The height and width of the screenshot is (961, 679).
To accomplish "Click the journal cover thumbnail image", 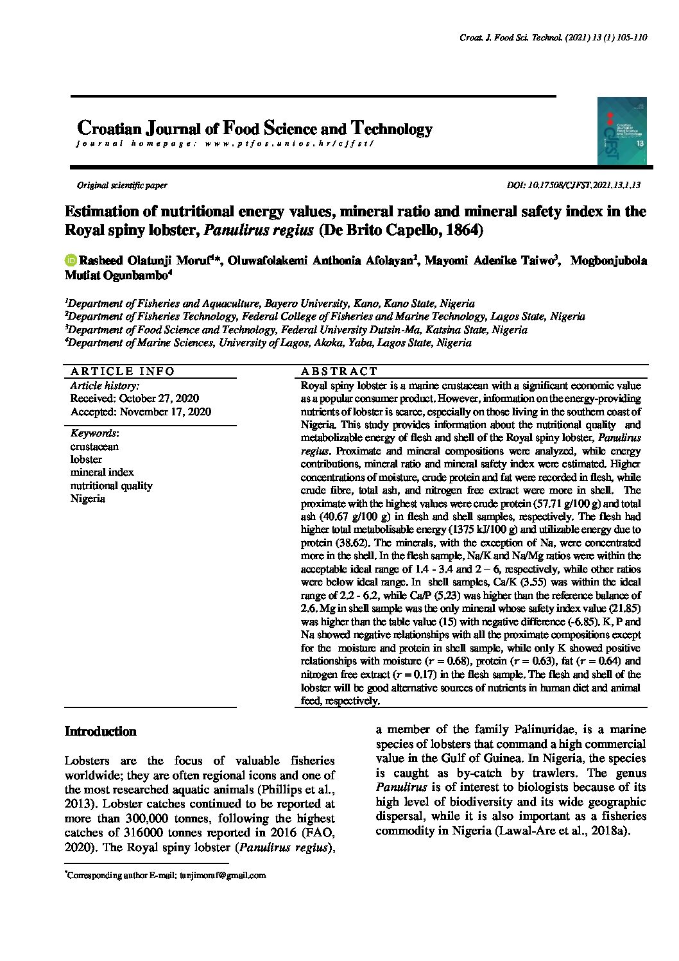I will [622, 131].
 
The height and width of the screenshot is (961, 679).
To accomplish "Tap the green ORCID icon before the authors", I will [70, 261].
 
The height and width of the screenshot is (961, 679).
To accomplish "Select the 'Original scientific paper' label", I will [122, 186].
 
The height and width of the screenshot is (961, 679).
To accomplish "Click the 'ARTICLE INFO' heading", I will [122, 371].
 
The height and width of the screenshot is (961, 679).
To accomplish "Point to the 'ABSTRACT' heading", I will [339, 371].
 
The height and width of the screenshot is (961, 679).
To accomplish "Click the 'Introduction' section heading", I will [101, 731].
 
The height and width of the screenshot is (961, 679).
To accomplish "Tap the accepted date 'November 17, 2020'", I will [165, 411].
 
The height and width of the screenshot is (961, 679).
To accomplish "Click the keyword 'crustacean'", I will [94, 446].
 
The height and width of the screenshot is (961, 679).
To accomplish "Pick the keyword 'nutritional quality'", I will [111, 485].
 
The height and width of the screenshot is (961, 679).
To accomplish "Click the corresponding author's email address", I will [222, 875].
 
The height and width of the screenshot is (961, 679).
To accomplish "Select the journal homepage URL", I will [288, 144].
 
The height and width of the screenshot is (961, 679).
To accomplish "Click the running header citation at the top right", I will [553, 38].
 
